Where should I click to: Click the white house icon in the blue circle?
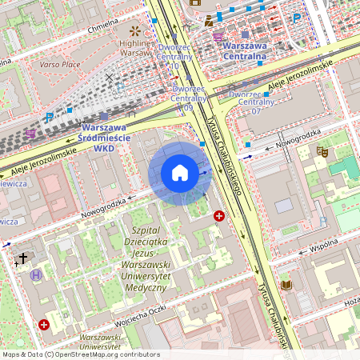tap(180, 174)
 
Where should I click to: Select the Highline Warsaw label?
tap(136, 47)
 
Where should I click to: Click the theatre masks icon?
tap(322, 150)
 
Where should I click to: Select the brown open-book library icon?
tap(286, 285)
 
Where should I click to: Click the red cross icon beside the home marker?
tap(219, 216)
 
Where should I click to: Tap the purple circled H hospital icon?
tap(36, 274)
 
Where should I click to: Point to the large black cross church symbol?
tap(23, 258)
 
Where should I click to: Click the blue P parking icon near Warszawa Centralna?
tap(297, 18)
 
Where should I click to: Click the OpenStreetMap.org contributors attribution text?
tap(109, 354)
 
